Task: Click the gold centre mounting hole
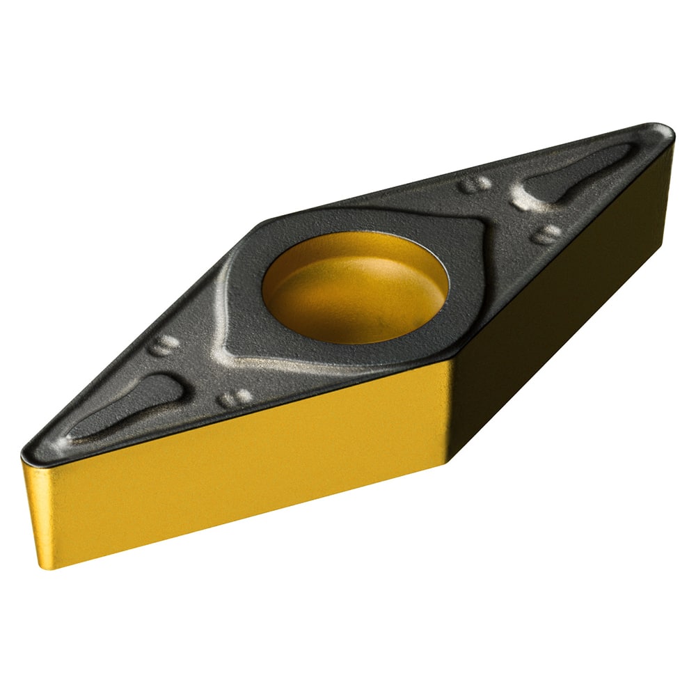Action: tap(355, 287)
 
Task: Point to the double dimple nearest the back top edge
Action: tap(474, 184)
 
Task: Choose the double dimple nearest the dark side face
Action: tap(547, 234)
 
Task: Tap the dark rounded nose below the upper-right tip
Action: tap(672, 160)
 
